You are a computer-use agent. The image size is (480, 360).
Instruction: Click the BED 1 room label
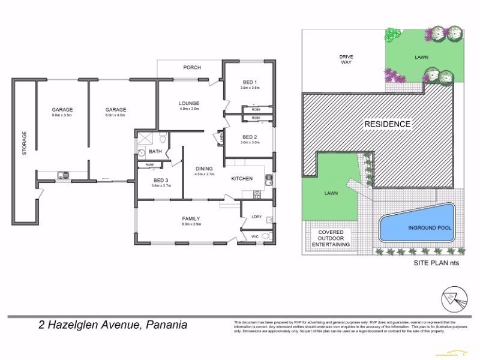pyautogui.click(x=248, y=82)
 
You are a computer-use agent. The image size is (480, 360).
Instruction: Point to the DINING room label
pyautogui.click(x=205, y=169)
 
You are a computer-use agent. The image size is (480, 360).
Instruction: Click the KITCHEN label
pyautogui.click(x=242, y=178)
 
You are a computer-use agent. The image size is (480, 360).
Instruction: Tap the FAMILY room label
pyautogui.click(x=191, y=218)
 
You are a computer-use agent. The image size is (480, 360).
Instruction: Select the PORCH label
pyautogui.click(x=192, y=67)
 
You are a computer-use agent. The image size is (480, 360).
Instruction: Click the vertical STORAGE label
pyautogui.click(x=25, y=143)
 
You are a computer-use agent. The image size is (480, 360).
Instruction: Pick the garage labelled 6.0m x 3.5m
pyautogui.click(x=62, y=109)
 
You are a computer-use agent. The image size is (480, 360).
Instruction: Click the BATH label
pyautogui.click(x=155, y=152)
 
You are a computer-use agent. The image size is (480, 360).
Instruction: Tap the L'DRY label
pyautogui.click(x=256, y=216)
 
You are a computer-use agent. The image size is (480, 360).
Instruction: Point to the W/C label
pyautogui.click(x=255, y=236)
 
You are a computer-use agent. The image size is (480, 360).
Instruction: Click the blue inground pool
pyautogui.click(x=416, y=226)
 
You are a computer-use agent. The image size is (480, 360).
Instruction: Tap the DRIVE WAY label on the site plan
pyautogui.click(x=346, y=60)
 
